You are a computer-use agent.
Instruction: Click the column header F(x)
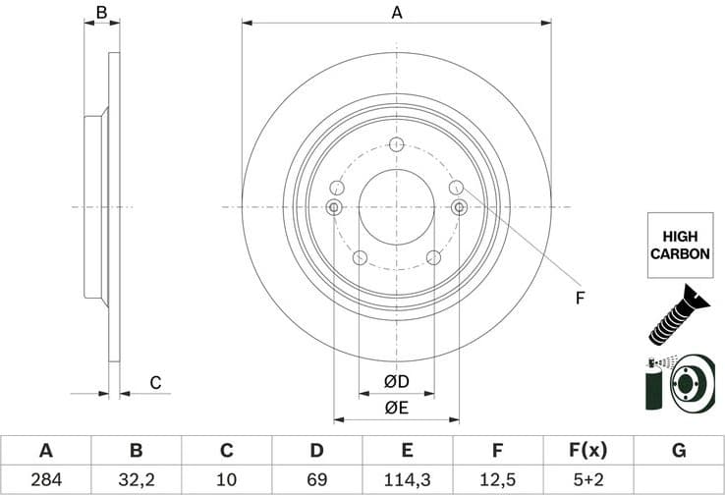[x=587, y=451]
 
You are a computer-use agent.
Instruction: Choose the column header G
[x=678, y=451]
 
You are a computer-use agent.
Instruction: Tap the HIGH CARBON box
[x=679, y=246]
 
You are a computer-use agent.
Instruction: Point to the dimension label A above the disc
[x=397, y=13]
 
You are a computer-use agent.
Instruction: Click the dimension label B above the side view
[x=100, y=13]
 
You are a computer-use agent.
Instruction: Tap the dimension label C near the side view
[x=154, y=383]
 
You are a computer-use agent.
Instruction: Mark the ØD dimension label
[x=396, y=380]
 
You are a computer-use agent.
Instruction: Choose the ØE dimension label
[x=396, y=407]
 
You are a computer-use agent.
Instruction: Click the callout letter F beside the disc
[x=580, y=298]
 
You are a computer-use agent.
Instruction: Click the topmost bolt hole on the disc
[x=397, y=146]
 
